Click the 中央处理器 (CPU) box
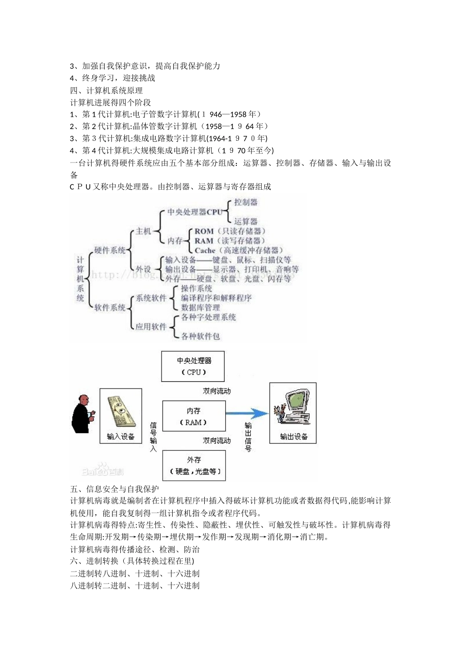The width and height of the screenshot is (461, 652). (193, 366)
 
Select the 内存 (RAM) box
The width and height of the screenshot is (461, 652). (194, 416)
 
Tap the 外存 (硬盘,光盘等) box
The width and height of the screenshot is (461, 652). (194, 465)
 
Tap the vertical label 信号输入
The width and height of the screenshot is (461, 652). (153, 437)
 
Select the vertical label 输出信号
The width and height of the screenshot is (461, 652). (248, 437)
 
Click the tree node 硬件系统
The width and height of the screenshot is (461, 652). (110, 250)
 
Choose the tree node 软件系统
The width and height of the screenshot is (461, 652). (110, 308)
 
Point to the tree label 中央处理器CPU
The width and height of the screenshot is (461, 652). (195, 212)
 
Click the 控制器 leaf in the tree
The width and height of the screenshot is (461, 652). (246, 202)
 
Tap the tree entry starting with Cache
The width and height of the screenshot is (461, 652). (237, 250)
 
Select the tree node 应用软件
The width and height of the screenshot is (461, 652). (151, 326)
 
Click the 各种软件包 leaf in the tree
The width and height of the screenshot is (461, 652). (200, 336)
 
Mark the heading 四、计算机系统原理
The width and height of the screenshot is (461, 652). (106, 90)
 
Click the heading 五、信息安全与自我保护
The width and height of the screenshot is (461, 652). (115, 489)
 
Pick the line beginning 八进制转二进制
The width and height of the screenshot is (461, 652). (135, 586)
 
